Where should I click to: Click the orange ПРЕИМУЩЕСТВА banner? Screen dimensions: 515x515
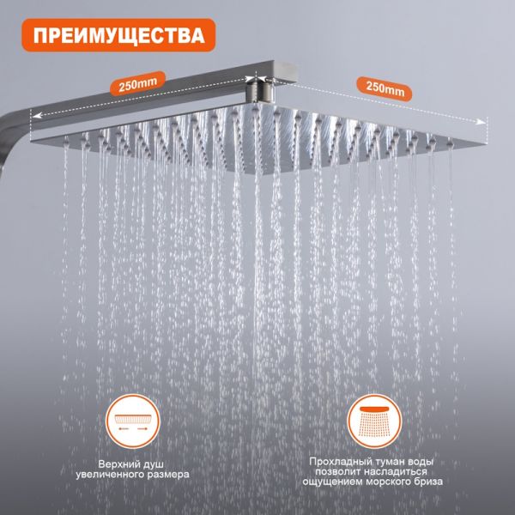118,35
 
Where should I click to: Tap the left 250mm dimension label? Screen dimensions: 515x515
137,84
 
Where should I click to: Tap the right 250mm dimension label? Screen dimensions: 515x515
385,88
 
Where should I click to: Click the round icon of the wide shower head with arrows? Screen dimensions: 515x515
133,421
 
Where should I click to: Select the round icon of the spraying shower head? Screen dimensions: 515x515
375,421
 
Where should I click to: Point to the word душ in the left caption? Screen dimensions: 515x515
154,465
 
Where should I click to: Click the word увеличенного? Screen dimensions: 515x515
110,475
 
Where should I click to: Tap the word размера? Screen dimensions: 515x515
168,476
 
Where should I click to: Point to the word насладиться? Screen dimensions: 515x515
392,472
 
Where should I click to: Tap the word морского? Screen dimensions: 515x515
388,482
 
